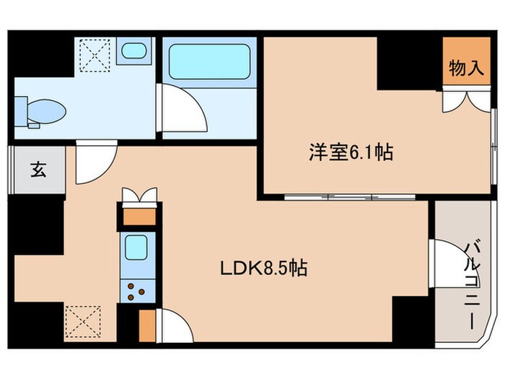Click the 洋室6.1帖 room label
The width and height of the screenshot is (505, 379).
(351, 152)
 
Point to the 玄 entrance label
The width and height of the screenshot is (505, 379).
(37, 170)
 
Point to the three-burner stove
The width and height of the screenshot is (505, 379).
(137, 290)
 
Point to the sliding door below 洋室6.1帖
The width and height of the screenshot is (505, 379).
(329, 196)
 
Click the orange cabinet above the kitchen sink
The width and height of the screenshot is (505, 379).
(137, 214)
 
